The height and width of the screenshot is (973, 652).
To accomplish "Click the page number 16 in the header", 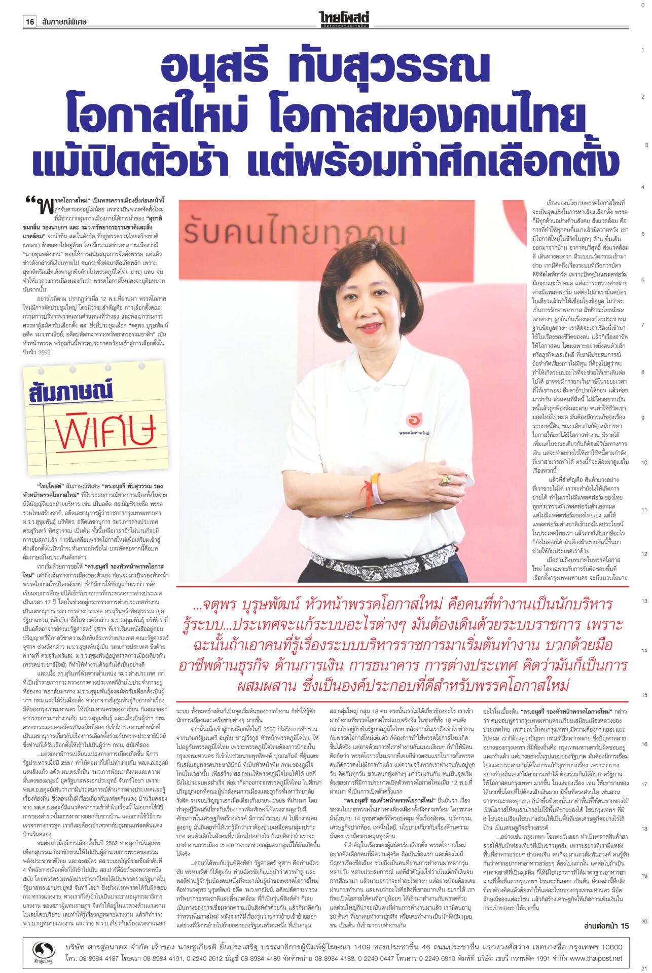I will [30, 22].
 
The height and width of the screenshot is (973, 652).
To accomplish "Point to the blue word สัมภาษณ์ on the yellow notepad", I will [71, 392].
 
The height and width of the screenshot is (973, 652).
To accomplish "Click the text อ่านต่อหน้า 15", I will [606, 926].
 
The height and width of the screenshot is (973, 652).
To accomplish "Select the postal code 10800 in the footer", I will [608, 946].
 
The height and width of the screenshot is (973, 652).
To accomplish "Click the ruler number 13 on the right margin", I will [644, 601].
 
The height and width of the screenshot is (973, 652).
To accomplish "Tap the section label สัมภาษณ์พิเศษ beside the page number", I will [65, 22].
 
